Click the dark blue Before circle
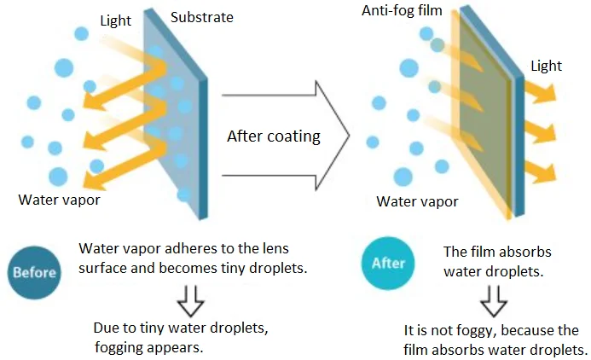point(34,272)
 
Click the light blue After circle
point(388,264)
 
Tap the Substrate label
point(201,17)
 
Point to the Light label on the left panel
point(115,19)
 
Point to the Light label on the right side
point(546,65)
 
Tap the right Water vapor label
point(417,201)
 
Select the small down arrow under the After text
point(495,298)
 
